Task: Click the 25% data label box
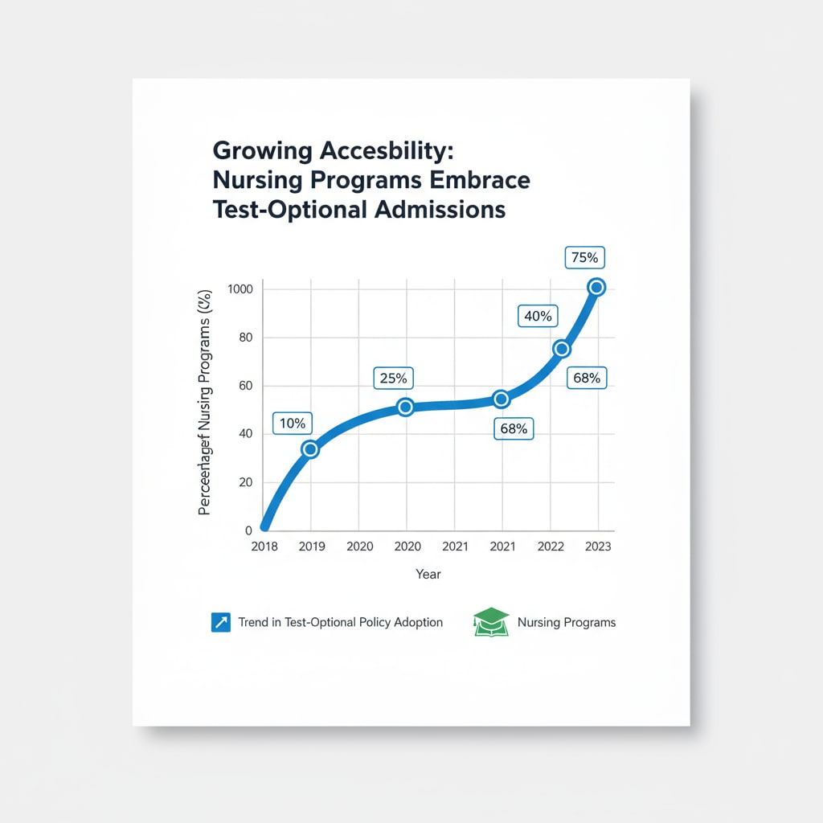[391, 377]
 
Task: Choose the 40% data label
[537, 316]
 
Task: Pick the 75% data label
[584, 258]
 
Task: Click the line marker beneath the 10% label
[309, 449]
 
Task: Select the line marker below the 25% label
[405, 407]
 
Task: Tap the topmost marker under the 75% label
[596, 287]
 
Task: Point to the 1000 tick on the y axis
[240, 289]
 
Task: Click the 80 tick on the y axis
[245, 338]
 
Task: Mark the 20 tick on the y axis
[245, 482]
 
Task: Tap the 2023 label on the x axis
[598, 547]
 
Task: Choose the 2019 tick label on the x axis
[311, 547]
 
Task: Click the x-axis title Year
[428, 574]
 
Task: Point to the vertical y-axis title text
[206, 402]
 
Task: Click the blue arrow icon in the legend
[220, 622]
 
